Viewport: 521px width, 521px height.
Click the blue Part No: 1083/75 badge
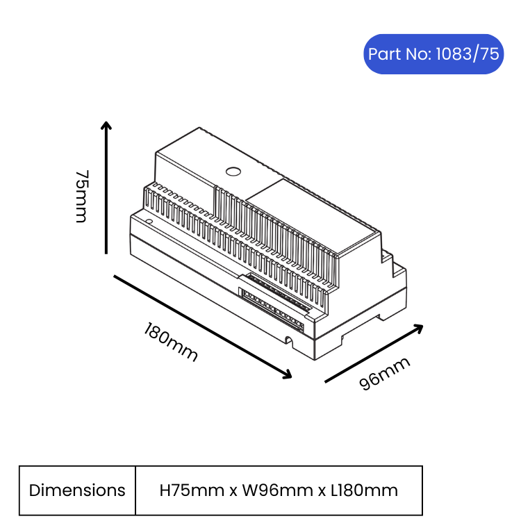[x=433, y=53]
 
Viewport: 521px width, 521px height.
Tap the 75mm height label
[x=82, y=197]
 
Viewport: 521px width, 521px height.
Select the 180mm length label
[x=171, y=342]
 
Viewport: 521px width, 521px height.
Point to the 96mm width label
[x=384, y=374]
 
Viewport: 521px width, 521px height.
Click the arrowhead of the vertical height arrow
[x=106, y=125]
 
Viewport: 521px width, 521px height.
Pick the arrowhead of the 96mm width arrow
[x=418, y=329]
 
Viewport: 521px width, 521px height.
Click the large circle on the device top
[x=233, y=172]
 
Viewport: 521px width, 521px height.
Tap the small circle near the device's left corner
[x=149, y=222]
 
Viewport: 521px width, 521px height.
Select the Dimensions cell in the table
[x=77, y=490]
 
